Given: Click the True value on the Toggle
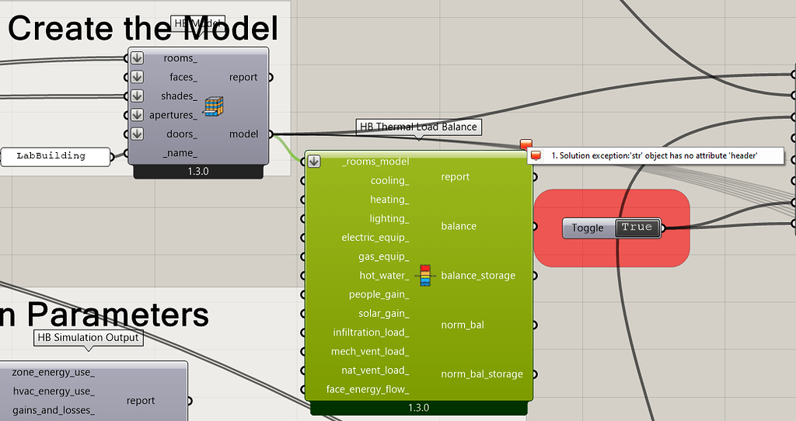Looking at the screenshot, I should tap(637, 228).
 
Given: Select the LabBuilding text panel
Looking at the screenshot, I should tap(51, 155).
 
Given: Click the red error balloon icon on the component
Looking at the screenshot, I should tap(526, 144).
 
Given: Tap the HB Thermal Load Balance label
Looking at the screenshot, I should tap(418, 127).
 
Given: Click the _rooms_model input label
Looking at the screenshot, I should tap(375, 162).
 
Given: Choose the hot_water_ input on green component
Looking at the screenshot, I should tap(383, 276).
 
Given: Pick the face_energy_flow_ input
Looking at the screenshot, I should tap(368, 389).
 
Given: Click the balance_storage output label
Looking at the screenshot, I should tap(478, 276).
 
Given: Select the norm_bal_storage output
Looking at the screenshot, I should tap(482, 374).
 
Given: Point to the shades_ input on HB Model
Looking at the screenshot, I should tap(179, 96).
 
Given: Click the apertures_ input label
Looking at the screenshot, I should tap(173, 115).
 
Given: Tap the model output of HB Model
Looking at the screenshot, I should tap(244, 134).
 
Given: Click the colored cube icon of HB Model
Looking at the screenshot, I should tap(214, 107).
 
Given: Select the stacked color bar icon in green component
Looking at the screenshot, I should tap(424, 276).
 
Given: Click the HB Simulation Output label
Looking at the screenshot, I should tap(88, 338).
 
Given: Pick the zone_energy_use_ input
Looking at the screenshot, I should tap(53, 373).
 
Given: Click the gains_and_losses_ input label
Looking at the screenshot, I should tap(53, 410).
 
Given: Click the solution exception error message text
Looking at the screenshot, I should tap(654, 156).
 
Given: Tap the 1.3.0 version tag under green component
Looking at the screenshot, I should tap(418, 408).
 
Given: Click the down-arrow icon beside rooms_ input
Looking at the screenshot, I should tap(137, 58).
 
